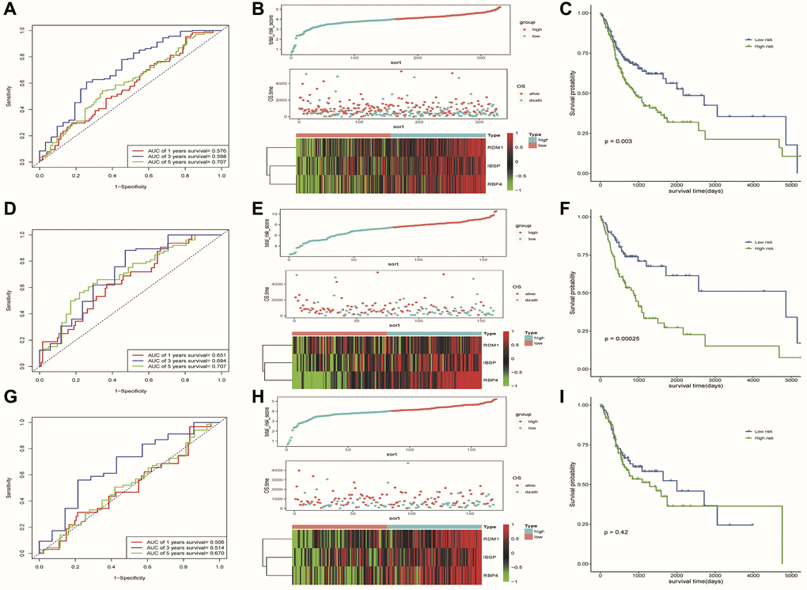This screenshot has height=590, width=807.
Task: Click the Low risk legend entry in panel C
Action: point(760,38)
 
